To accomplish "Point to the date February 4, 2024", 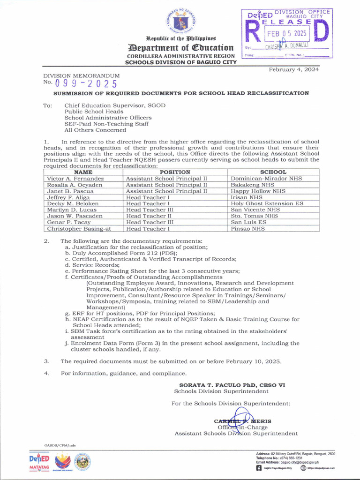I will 293,70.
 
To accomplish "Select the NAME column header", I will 83,172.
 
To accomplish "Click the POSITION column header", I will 175,172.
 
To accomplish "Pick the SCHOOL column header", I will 273,172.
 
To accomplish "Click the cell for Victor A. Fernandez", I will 75,179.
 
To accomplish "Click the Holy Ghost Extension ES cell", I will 267,204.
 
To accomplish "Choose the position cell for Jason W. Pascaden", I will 149,216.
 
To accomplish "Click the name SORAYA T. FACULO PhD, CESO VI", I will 232,385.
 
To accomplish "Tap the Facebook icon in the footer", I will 259,468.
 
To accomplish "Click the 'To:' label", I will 48,105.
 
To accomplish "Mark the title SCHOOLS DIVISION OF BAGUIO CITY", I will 181,62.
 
